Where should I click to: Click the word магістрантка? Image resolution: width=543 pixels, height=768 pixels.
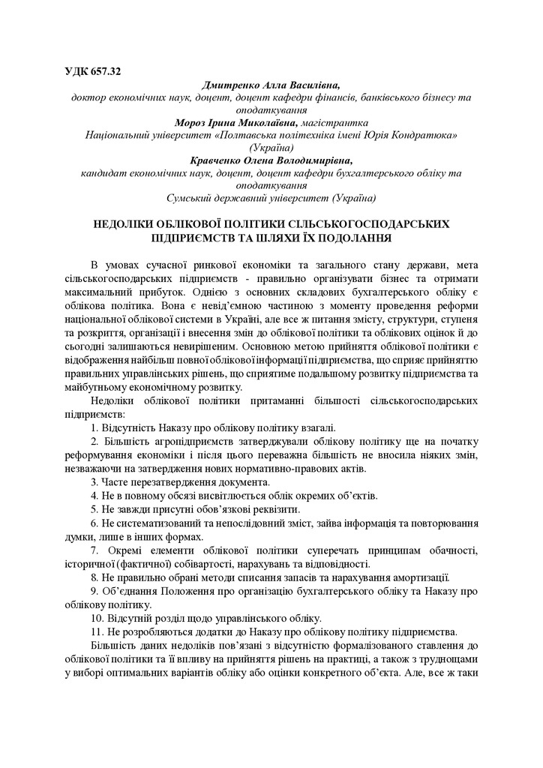click(334, 121)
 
